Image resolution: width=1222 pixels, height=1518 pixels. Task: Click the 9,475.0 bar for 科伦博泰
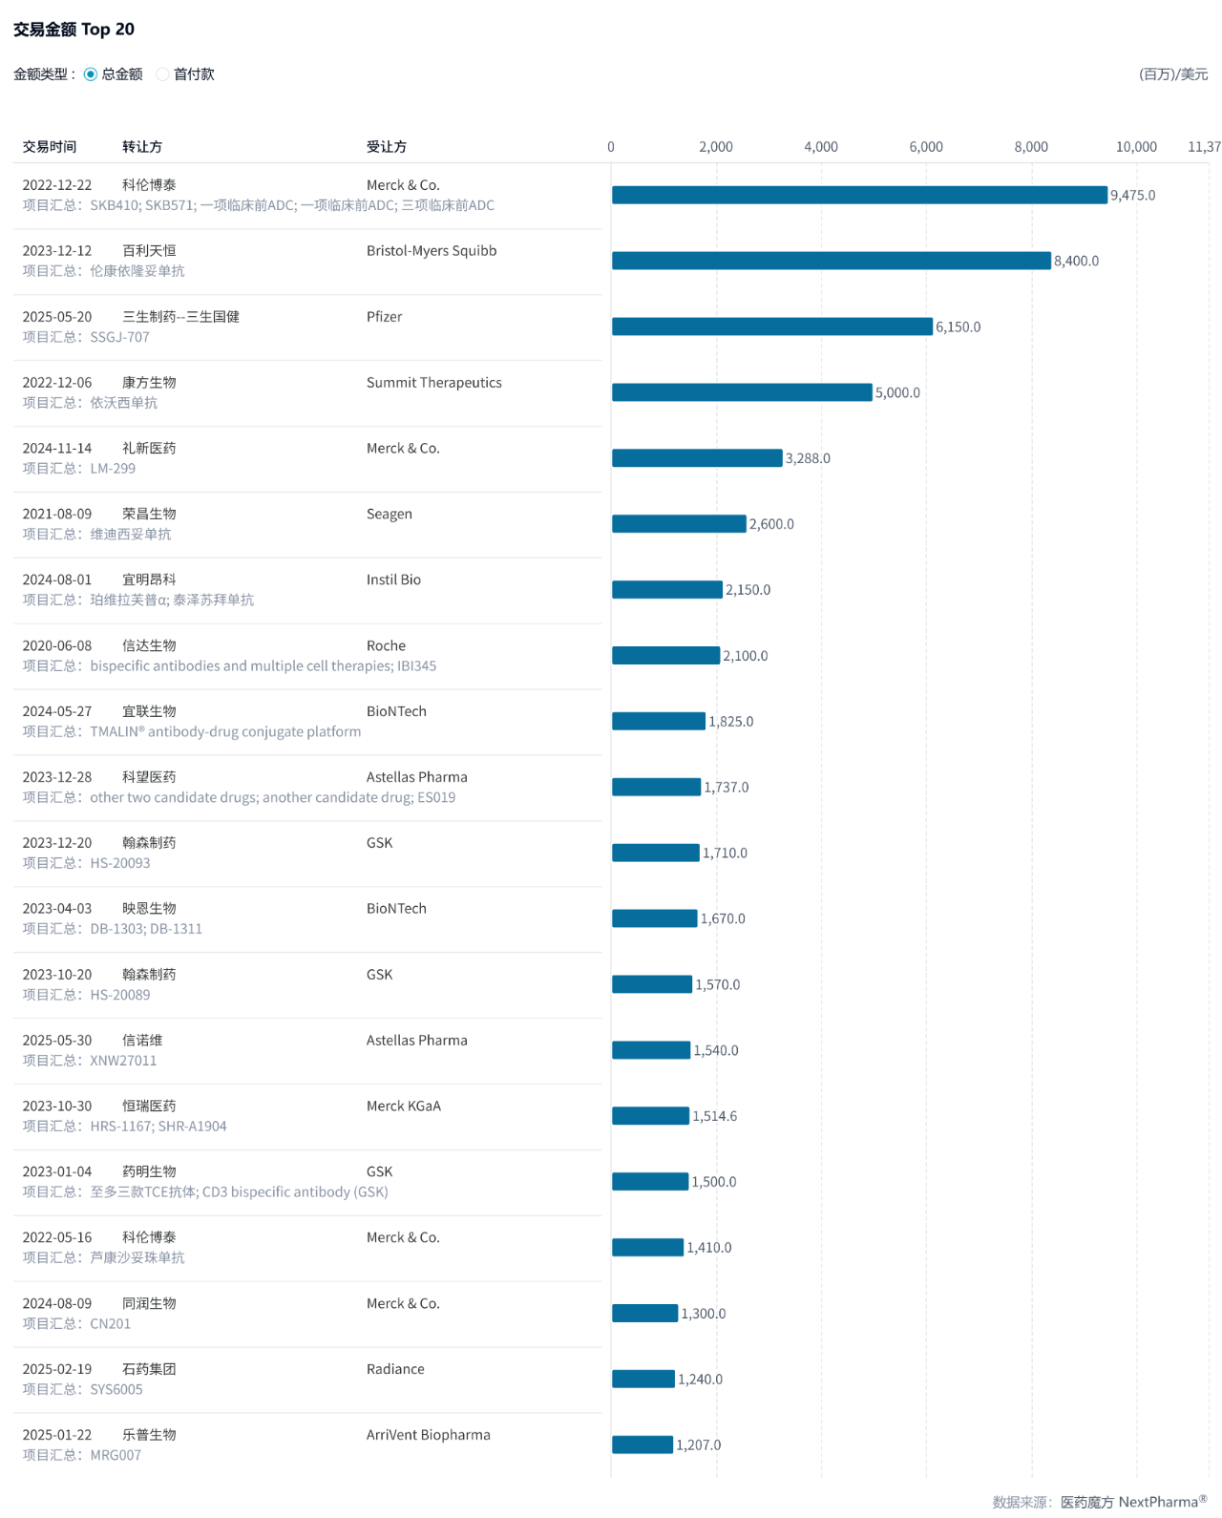859,195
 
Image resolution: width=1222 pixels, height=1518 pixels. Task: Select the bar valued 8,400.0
831,261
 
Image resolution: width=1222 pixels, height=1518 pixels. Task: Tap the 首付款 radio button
163,74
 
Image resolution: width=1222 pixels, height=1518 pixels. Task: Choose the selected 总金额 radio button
91,74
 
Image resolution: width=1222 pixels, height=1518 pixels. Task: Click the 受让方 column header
387,147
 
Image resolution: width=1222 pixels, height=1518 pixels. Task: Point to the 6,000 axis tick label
925,147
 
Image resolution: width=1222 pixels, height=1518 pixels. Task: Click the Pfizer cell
384,317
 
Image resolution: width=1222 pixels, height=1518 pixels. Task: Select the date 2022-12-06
57,383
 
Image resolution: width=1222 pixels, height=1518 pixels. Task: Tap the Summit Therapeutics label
433,383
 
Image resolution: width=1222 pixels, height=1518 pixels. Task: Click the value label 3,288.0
808,458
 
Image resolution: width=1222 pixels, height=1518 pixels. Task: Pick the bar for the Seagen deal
679,524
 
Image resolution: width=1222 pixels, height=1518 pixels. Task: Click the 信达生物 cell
149,646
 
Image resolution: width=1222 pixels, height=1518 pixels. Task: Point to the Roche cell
386,646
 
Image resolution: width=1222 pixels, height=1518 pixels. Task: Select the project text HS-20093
120,863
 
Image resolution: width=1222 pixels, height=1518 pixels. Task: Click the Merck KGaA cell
403,1107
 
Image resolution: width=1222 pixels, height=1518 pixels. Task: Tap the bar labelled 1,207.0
643,1444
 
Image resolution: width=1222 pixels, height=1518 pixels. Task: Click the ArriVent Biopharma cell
428,1435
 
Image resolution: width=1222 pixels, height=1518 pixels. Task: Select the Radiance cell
395,1369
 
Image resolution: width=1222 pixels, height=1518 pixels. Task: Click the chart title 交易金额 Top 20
74,30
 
